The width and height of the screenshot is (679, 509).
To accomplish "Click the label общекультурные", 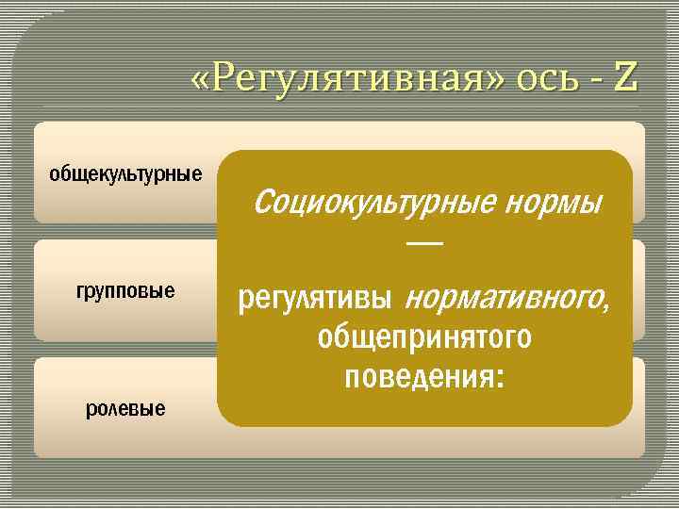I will (x=125, y=174).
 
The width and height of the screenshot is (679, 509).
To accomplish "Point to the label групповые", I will (x=125, y=290).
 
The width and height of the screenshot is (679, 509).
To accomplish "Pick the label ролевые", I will (x=125, y=408).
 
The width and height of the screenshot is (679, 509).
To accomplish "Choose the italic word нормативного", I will (x=503, y=299).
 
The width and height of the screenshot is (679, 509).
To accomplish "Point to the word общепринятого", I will (x=424, y=337).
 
